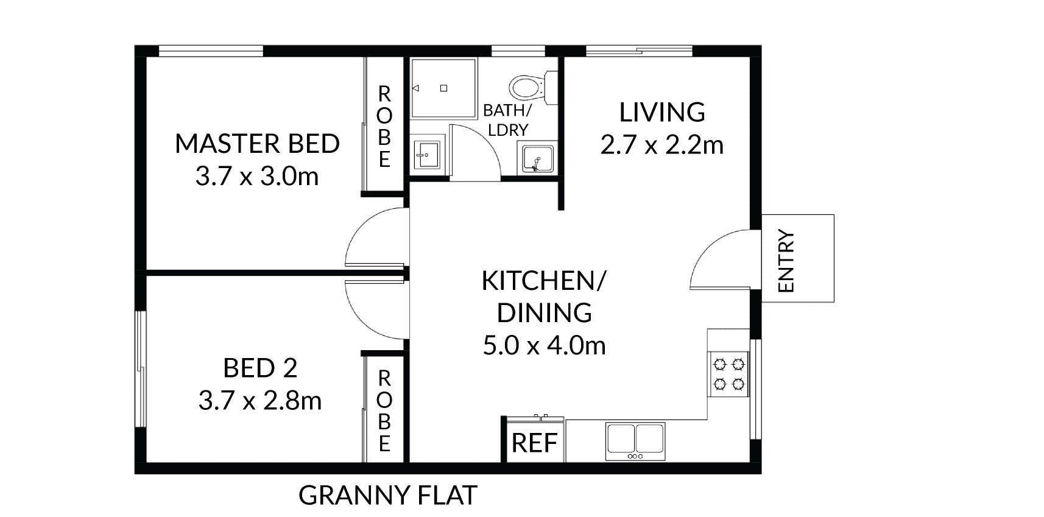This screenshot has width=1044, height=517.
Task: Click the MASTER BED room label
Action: point(257,144)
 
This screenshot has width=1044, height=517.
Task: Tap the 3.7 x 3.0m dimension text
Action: point(257,177)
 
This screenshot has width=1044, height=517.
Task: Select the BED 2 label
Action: point(260,368)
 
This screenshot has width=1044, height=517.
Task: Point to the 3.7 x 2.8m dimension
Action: point(260,401)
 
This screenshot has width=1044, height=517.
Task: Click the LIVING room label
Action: point(662,112)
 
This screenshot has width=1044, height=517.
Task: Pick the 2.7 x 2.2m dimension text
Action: point(662,145)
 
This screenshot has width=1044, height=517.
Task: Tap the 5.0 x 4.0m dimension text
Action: point(545,346)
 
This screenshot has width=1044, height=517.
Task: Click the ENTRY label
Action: point(786,261)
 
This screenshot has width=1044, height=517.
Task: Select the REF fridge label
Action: point(535,443)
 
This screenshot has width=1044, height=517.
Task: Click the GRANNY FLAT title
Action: point(388,495)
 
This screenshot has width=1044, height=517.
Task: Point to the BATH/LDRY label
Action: point(507,120)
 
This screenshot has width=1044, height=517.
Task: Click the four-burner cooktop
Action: point(729,374)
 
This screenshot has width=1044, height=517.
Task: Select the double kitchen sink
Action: point(635,441)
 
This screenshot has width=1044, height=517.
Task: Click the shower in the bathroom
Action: point(443,88)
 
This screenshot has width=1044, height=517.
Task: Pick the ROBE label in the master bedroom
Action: point(384,126)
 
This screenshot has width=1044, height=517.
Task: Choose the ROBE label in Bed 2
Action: point(384,411)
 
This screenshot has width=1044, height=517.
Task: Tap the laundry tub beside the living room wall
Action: point(537,160)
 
